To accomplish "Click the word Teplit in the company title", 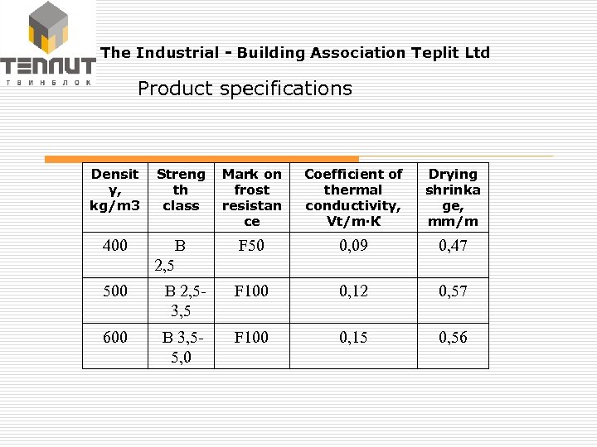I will click(x=434, y=53).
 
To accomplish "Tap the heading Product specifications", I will click(x=245, y=89).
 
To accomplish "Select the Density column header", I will click(x=115, y=190).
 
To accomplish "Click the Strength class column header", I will click(x=181, y=190).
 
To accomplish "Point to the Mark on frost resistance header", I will click(x=251, y=198).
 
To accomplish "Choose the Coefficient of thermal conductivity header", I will click(x=353, y=198).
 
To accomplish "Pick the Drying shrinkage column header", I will click(x=452, y=198).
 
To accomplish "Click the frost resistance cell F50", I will click(x=251, y=246).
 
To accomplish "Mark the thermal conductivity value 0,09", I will click(x=354, y=246).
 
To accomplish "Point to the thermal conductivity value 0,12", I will click(x=354, y=291).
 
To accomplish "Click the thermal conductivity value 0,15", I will click(x=354, y=337).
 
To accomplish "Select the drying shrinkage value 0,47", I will click(x=453, y=246).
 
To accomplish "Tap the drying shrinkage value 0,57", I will click(x=453, y=291).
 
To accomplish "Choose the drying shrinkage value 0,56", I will click(x=453, y=337).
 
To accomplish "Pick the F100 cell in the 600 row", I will click(x=251, y=337).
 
